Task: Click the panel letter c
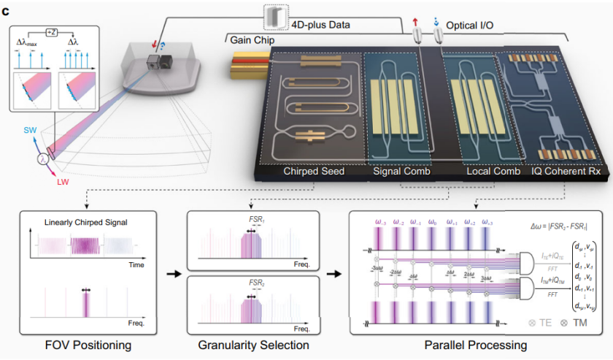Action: click(x=7, y=9)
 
